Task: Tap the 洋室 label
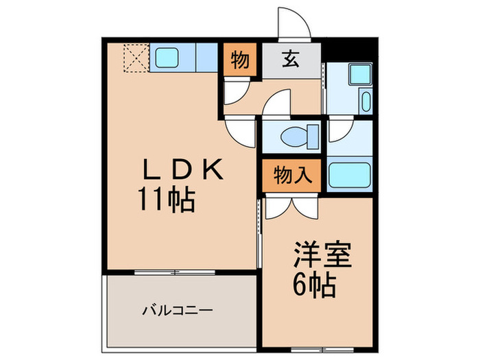[x=322, y=256]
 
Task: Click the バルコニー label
[x=177, y=310]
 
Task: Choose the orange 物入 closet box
[x=291, y=175]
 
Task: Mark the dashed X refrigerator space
[x=135, y=58]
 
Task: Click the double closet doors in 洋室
[x=289, y=206]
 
